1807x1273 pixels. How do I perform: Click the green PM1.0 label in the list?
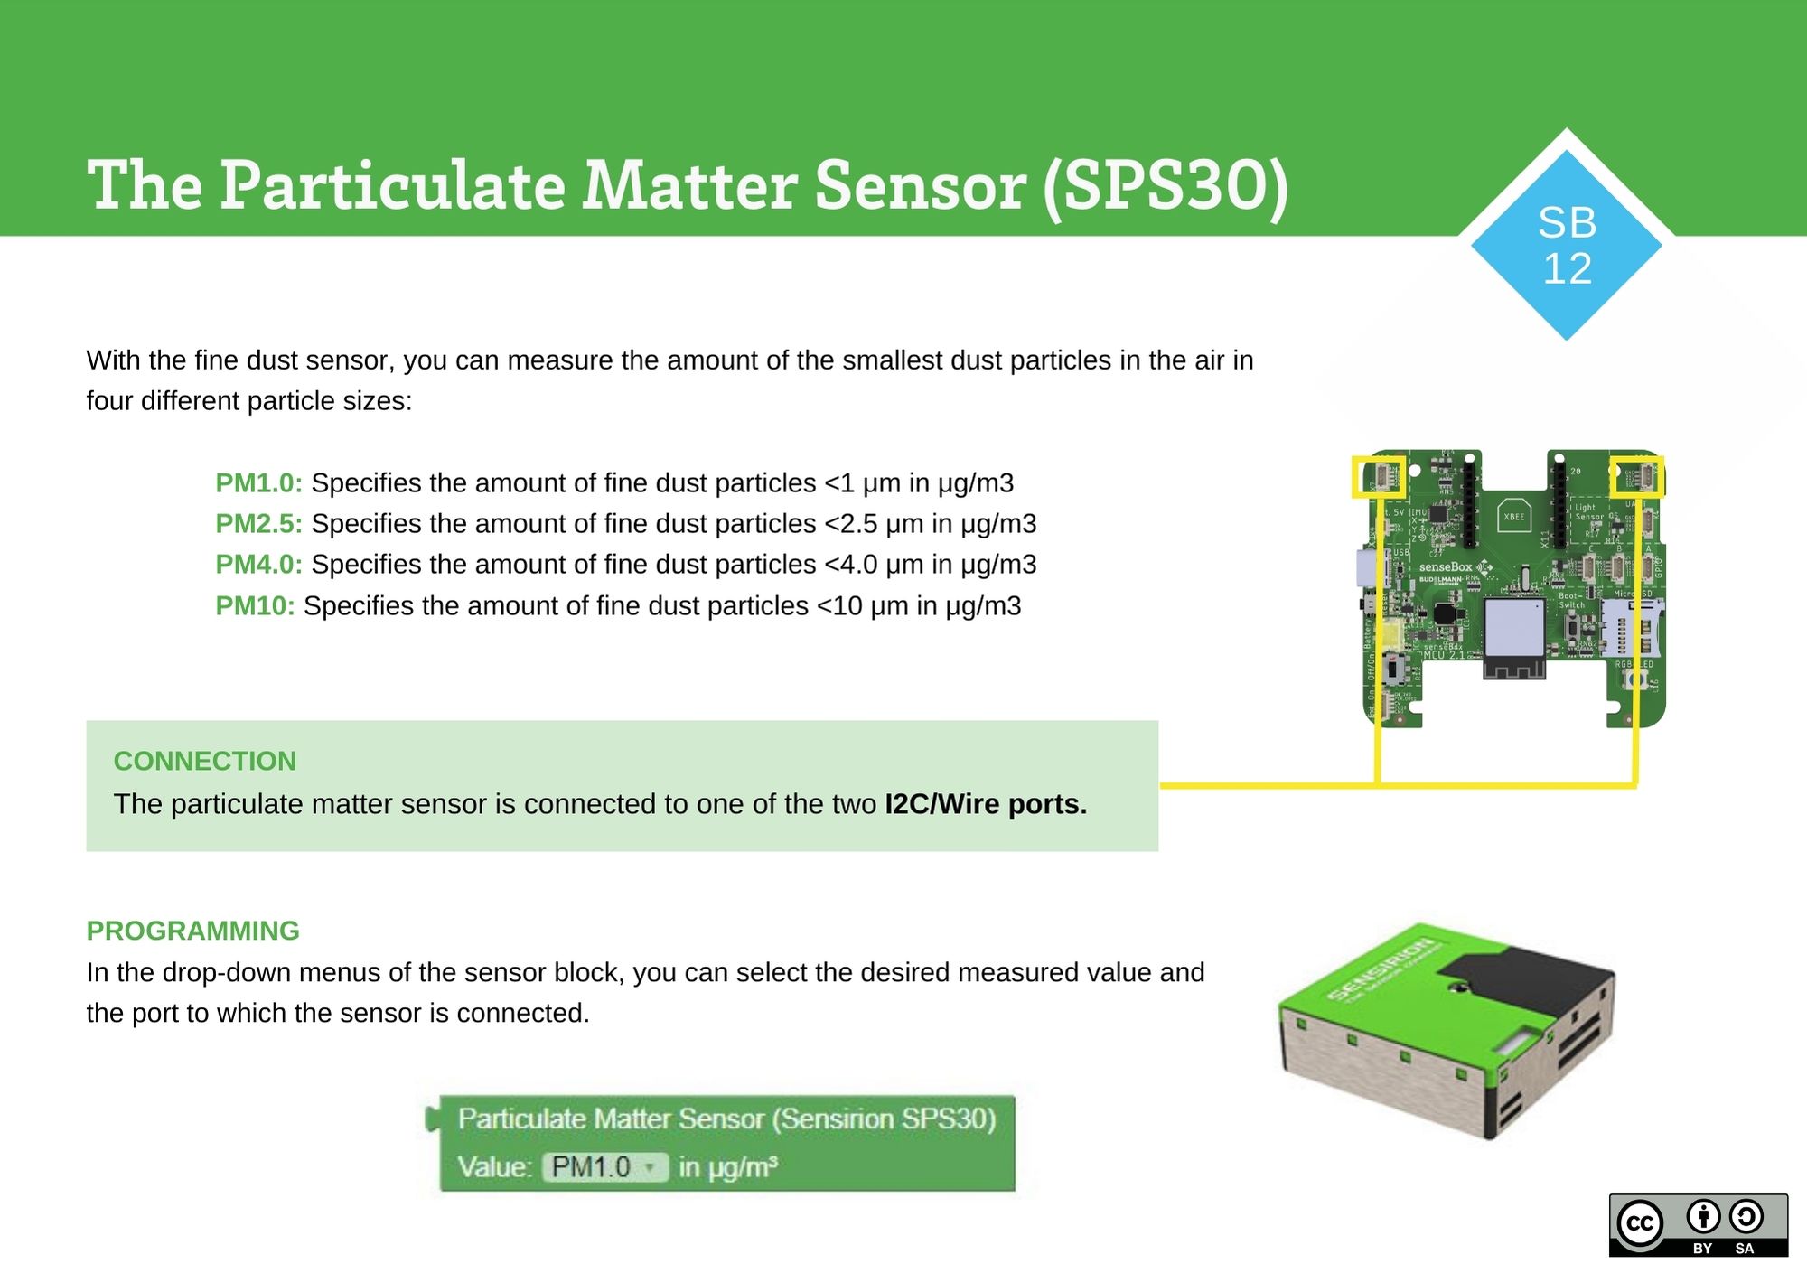coord(258,483)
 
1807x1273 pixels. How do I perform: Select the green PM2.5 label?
coord(258,524)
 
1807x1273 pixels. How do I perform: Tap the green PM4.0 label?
coord(258,565)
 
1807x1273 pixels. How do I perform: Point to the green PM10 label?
coord(255,606)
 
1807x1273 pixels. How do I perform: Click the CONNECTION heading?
coord(204,761)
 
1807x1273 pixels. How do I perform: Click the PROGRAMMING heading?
coord(192,931)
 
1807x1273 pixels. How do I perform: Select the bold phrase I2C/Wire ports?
coord(985,804)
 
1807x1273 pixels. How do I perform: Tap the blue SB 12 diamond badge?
coord(1567,246)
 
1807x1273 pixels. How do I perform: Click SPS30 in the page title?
coord(1166,185)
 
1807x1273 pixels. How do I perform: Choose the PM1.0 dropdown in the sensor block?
coord(604,1167)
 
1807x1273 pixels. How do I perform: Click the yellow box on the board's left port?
coord(1378,477)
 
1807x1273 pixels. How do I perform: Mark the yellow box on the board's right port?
coord(1636,476)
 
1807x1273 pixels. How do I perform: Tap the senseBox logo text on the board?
coord(1446,566)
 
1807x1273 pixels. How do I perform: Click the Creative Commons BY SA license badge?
coord(1698,1225)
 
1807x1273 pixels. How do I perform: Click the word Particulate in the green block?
coord(522,1119)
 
